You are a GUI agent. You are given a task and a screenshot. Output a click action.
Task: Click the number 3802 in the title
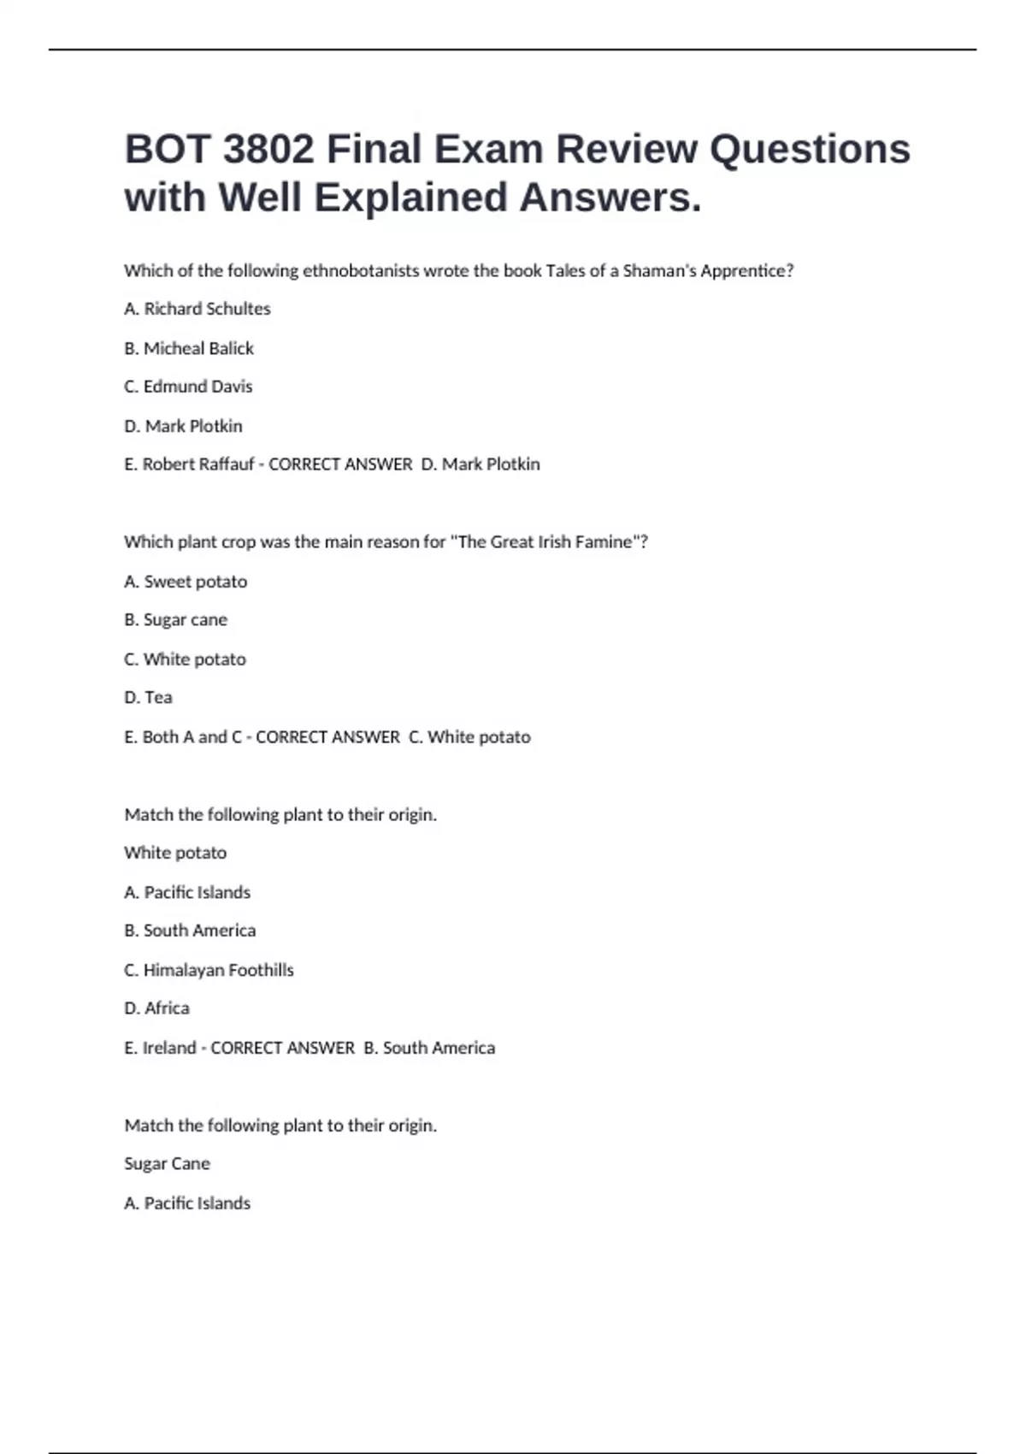[268, 150]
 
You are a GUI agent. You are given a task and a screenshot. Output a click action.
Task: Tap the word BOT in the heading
[167, 150]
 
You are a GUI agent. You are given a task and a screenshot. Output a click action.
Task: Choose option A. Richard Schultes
[197, 309]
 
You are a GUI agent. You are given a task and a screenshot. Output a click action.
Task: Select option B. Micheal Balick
[189, 348]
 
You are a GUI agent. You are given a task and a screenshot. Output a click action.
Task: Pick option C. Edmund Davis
[188, 387]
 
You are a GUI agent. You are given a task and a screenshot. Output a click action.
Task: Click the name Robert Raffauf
[198, 464]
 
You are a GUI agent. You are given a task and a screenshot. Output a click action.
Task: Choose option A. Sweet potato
[186, 582]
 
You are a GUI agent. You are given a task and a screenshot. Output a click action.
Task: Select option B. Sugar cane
[175, 620]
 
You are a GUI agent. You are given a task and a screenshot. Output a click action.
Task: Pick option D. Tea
[148, 698]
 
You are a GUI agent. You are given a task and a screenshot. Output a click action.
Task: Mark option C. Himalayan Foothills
[209, 970]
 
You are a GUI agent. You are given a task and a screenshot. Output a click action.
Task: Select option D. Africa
[156, 1008]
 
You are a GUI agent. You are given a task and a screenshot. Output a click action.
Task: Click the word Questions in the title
[810, 150]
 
